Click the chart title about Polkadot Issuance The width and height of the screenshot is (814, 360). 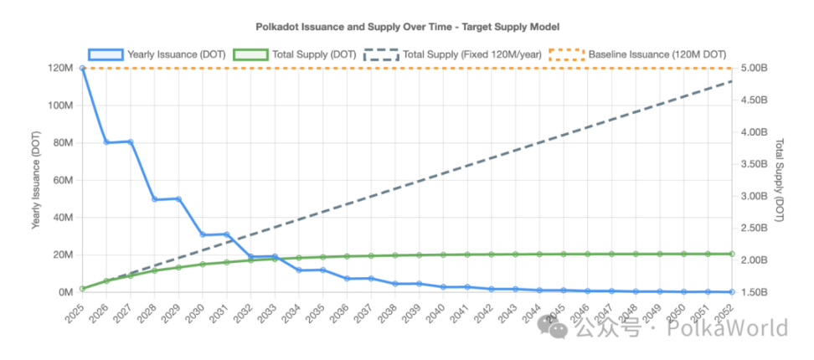407,28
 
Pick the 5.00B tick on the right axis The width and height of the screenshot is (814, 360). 755,68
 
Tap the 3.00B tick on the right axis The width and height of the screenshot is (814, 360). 755,196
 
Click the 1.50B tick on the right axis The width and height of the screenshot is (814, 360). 755,292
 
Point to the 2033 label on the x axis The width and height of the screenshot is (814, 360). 268,313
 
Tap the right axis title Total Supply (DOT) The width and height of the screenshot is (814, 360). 779,180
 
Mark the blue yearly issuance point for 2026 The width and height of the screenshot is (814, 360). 106,142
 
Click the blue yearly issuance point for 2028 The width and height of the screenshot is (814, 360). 155,199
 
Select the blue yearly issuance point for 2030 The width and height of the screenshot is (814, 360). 203,234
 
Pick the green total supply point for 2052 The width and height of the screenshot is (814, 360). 732,254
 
